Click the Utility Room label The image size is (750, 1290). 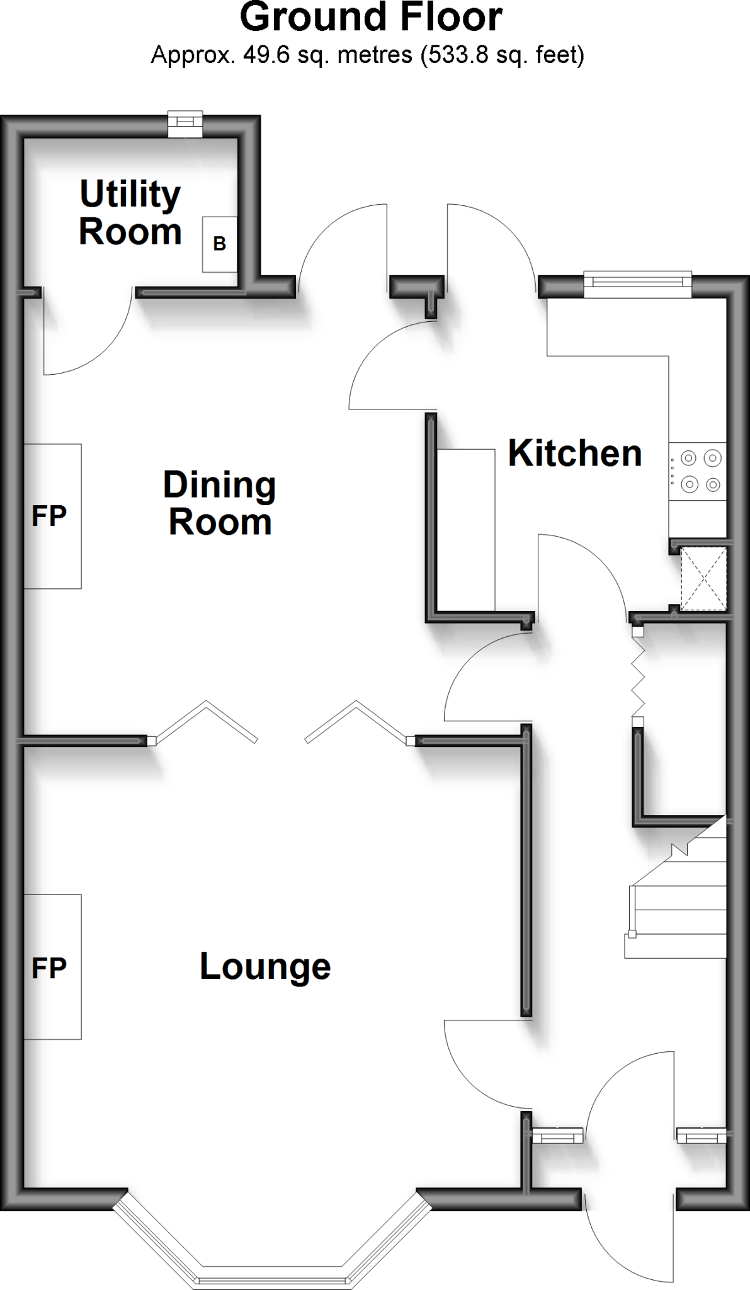[x=130, y=212]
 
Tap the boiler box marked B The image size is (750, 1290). [x=219, y=244]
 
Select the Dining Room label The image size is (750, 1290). [x=220, y=503]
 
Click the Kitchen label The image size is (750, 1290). [x=574, y=453]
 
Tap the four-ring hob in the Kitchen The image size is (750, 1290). [x=698, y=472]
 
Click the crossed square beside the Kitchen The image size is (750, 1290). [x=703, y=579]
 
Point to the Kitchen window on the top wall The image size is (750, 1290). [x=637, y=284]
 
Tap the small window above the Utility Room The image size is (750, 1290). [x=185, y=124]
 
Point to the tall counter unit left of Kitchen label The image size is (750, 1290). [x=466, y=529]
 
